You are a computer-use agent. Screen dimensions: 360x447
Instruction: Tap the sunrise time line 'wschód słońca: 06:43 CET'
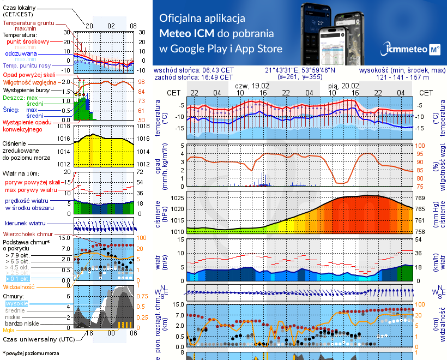point(194,70)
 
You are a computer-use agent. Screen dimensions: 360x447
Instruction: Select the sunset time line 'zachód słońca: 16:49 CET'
point(194,77)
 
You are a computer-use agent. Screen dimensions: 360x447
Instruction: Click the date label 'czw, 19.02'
point(252,86)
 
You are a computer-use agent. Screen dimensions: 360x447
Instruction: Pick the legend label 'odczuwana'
point(21,54)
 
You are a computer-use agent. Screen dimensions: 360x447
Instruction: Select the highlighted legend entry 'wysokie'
point(16,303)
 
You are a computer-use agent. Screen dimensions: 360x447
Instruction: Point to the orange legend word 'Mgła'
point(9,330)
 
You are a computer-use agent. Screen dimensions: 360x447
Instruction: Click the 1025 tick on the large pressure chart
point(177,197)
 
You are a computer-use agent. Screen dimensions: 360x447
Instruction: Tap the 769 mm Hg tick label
point(420,197)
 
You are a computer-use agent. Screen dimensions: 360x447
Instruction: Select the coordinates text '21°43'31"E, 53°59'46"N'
point(300,70)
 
